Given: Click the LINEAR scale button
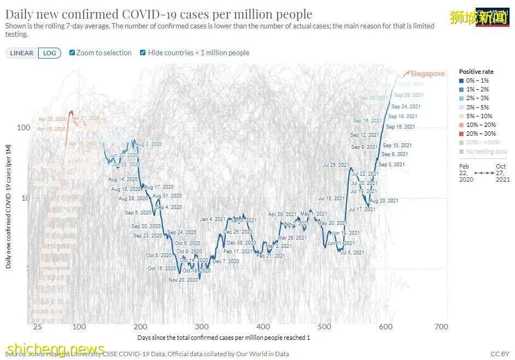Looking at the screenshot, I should click(x=22, y=53).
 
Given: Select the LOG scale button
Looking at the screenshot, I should click(x=49, y=53).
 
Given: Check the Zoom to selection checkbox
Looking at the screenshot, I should click(x=72, y=53).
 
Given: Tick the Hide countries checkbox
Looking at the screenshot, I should click(x=143, y=53).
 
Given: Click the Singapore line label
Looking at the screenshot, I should click(x=427, y=74).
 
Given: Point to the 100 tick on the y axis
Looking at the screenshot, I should click(x=23, y=127).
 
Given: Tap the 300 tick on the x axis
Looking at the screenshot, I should click(x=201, y=327).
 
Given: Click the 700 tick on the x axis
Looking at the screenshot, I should click(x=441, y=327).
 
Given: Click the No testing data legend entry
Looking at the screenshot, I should click(x=483, y=152).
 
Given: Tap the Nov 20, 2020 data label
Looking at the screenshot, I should click(x=183, y=280).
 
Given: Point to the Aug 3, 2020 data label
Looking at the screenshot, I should click(x=149, y=144).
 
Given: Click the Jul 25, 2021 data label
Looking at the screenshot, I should click(x=336, y=165).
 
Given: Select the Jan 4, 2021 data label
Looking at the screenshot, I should click(x=213, y=219).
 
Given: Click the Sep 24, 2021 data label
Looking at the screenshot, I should click(x=406, y=107).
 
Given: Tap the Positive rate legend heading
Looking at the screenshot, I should click(x=476, y=72).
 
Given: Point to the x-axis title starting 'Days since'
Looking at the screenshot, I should click(x=224, y=338).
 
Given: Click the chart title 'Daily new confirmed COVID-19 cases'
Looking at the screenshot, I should click(x=159, y=14).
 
